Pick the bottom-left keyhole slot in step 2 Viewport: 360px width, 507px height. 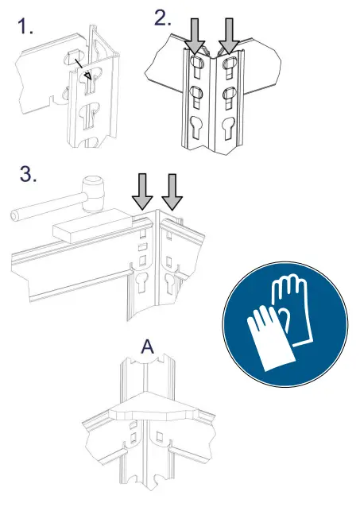(x=196, y=129)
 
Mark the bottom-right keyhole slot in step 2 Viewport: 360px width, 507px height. (x=230, y=129)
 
